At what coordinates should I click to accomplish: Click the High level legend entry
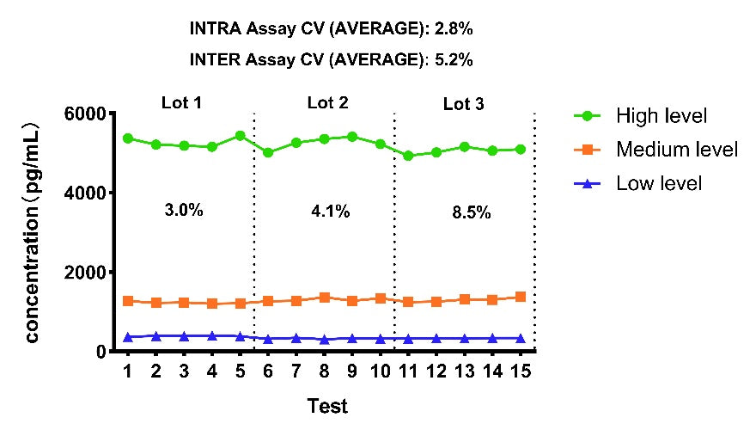640,116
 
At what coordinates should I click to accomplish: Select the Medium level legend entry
655,150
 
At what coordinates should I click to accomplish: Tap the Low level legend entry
637,183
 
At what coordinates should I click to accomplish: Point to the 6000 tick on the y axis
85,114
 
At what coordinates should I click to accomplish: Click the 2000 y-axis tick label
85,273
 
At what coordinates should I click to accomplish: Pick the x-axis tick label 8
324,371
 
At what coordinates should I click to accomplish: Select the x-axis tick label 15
521,371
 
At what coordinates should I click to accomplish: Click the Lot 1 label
181,103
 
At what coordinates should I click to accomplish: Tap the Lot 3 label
463,104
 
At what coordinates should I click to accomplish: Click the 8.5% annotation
472,212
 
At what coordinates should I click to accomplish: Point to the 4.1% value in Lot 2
330,211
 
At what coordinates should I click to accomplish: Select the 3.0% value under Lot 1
184,210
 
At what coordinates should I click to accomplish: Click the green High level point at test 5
240,136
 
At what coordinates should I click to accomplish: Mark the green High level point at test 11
408,156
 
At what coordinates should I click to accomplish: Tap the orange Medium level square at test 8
325,298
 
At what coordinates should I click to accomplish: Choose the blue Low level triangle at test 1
128,337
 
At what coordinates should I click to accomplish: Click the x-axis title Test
327,406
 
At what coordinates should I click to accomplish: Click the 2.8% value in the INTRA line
454,29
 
